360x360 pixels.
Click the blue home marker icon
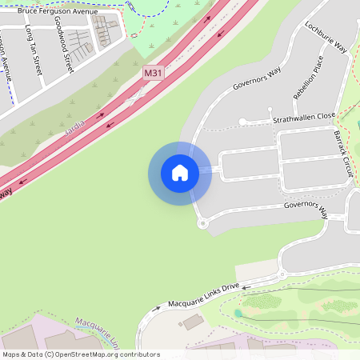tap(180, 173)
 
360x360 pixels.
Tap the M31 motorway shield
tap(153, 73)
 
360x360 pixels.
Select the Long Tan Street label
tap(35, 50)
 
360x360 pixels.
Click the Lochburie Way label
tap(326, 37)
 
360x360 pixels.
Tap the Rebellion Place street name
tap(308, 76)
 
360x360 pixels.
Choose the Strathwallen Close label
tap(303, 117)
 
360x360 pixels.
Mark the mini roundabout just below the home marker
tap(202, 223)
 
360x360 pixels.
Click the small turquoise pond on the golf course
tap(238, 314)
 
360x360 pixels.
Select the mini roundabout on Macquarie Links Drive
tap(282, 275)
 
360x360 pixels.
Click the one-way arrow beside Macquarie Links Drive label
tap(157, 307)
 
